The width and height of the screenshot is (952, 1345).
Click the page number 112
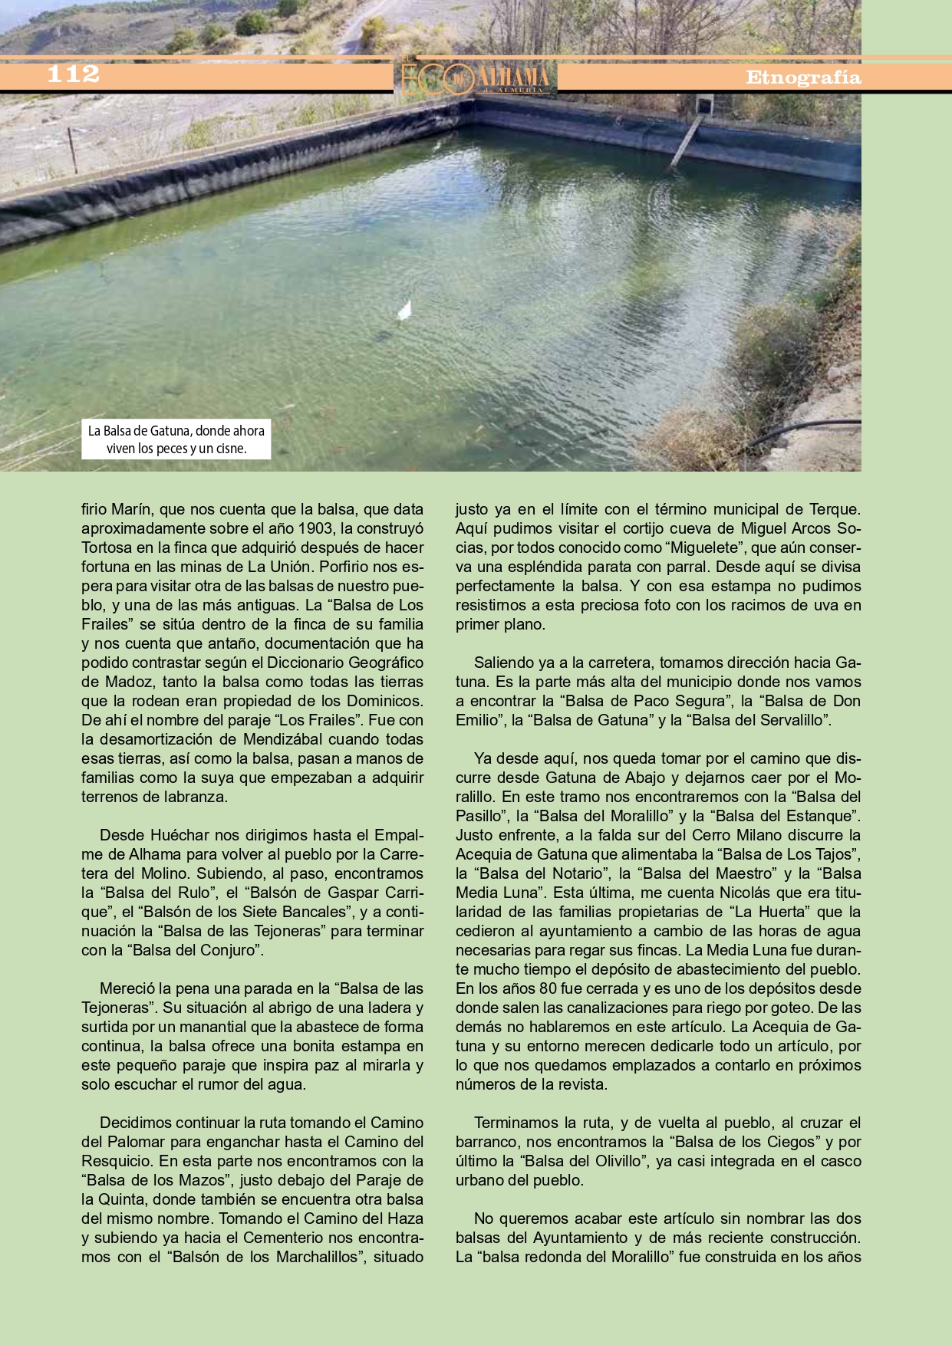[x=74, y=74]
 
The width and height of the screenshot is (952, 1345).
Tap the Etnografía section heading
[x=803, y=77]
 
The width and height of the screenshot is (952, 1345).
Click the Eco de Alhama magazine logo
[x=476, y=77]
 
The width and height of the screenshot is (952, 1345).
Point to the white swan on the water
[x=404, y=310]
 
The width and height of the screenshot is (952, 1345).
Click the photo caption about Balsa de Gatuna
[x=176, y=439]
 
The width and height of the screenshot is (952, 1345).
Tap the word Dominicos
[x=384, y=701]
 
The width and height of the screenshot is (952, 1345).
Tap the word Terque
[x=835, y=509]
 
